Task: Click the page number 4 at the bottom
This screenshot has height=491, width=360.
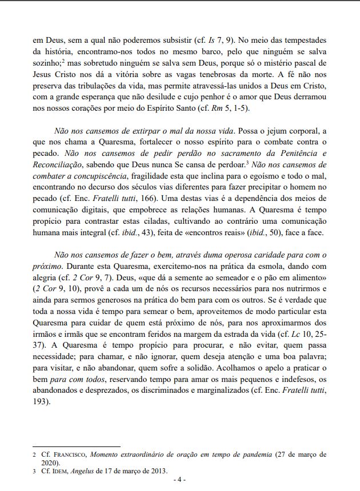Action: point(180,480)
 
